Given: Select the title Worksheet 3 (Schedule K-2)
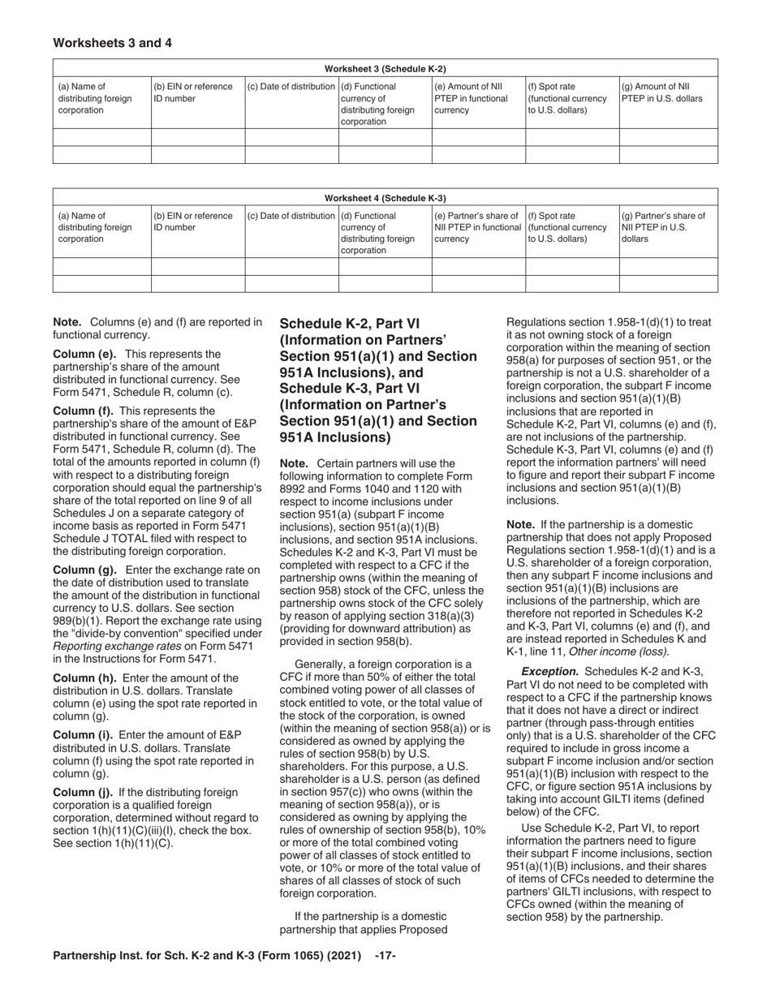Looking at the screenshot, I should click(x=385, y=69).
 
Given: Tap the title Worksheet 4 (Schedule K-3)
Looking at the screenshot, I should click(x=385, y=198).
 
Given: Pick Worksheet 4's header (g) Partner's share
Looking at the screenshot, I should click(x=664, y=227).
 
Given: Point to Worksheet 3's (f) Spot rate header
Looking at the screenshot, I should click(x=567, y=98).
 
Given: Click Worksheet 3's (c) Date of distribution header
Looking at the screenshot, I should click(x=291, y=87).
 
